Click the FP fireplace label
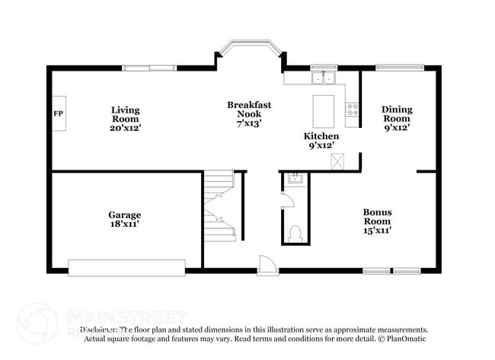coord(58,114)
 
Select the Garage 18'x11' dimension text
coord(124,225)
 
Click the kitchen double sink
coord(324,77)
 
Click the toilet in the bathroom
coord(295,232)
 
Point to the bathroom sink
coord(295,180)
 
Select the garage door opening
coord(126,267)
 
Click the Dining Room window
coord(399,67)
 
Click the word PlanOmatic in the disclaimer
coord(407,339)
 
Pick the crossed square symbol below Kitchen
coord(337,160)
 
